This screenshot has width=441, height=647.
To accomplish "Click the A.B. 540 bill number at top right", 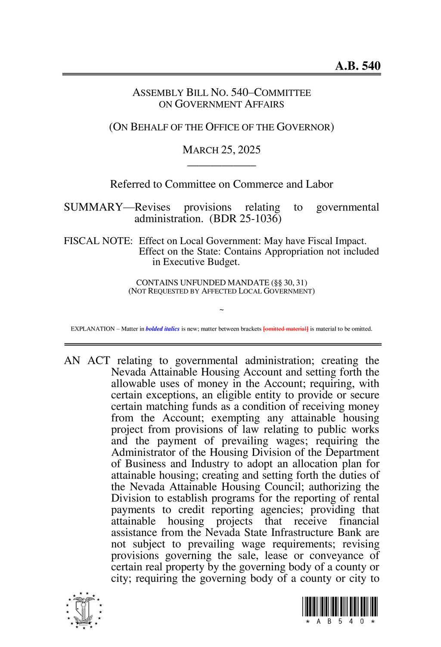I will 357,66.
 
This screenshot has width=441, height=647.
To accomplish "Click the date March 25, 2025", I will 221,150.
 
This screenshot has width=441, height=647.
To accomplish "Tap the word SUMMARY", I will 93,207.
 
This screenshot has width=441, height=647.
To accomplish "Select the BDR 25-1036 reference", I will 245,219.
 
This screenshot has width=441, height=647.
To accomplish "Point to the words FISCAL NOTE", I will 98,241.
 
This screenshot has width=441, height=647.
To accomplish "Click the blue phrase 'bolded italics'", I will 162,329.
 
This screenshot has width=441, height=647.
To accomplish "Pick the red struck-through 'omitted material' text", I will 286,329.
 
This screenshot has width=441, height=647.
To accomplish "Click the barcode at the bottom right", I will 340,607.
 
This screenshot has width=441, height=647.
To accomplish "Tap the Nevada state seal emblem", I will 84,610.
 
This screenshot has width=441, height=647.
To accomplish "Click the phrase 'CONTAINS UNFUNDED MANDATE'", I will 202,283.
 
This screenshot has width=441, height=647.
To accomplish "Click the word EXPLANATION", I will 93,329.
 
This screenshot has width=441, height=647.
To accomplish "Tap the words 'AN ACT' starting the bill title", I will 87,361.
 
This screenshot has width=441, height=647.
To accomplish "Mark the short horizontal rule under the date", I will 221,165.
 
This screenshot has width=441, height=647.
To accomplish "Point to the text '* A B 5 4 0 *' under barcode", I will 340,622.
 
